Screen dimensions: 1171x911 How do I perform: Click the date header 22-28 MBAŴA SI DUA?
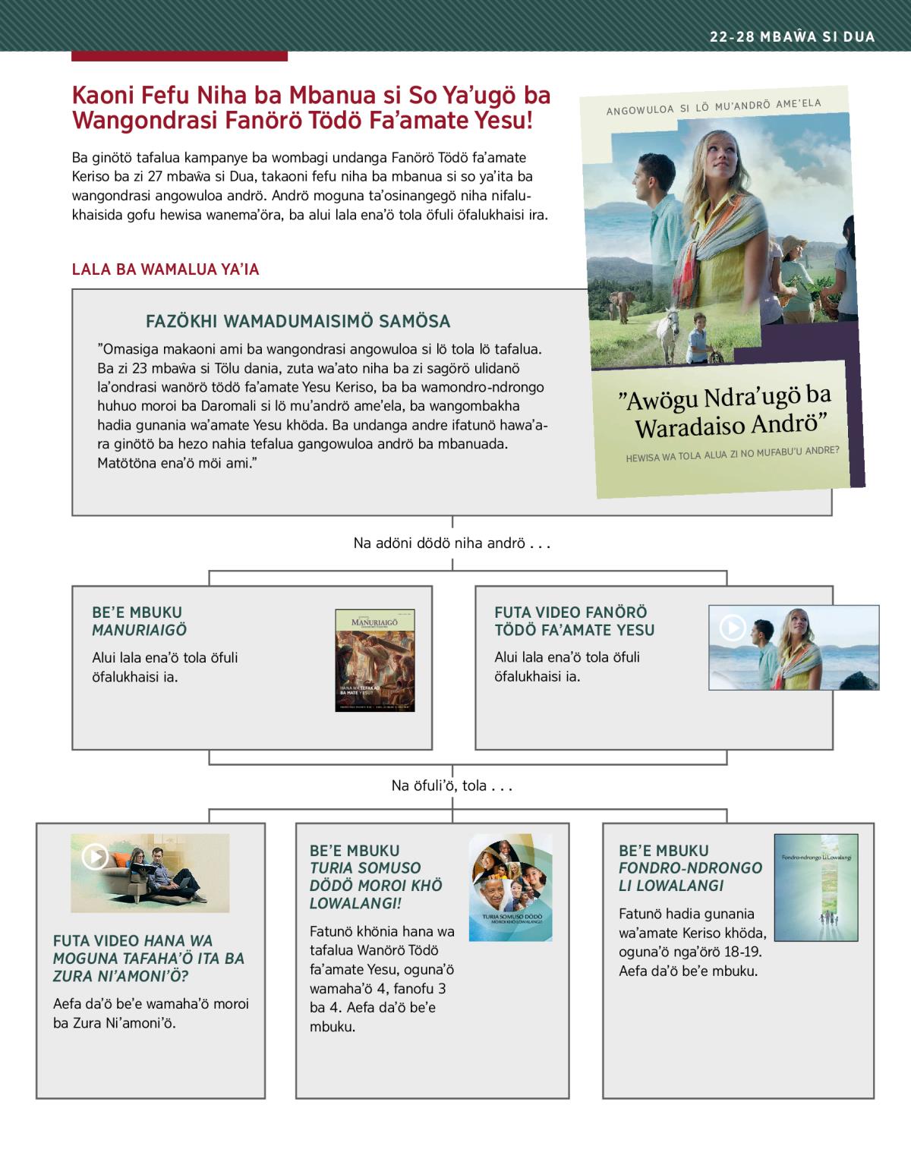793,37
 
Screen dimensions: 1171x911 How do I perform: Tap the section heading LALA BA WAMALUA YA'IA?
165,269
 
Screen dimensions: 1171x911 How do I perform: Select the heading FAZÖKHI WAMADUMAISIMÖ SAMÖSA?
298,321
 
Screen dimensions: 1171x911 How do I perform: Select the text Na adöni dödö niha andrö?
451,543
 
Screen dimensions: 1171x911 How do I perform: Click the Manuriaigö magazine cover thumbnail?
375,660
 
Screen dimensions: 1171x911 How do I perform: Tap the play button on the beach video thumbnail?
733,628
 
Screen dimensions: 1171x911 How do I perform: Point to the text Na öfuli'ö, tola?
452,785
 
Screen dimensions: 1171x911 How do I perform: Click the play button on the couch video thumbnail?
95,857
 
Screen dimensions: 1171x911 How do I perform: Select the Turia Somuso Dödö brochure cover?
510,887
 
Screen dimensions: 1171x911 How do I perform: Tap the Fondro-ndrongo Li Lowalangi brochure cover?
816,887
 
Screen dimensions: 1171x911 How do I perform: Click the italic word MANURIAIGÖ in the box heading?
139,630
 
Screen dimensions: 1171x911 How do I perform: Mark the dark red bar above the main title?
179,56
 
